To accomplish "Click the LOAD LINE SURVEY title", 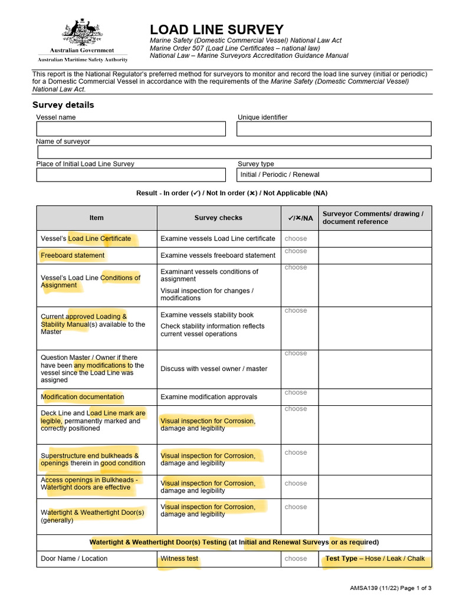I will [216, 29].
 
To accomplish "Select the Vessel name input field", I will [131, 129].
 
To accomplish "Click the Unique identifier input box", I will [334, 129].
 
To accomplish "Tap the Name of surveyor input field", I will [234, 152].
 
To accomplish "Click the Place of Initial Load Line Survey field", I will [131, 175].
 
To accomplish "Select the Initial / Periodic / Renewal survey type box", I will [334, 175].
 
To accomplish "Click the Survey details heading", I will [63, 105].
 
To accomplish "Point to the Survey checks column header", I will [218, 218].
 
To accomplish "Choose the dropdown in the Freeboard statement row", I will [296, 251].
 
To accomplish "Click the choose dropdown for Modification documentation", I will [296, 393].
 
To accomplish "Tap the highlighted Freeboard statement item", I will [73, 255].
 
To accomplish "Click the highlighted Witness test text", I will [179, 559].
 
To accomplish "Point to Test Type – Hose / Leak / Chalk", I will [375, 559].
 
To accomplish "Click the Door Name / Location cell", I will [74, 559].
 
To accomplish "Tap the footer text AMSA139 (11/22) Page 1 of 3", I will [390, 588].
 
